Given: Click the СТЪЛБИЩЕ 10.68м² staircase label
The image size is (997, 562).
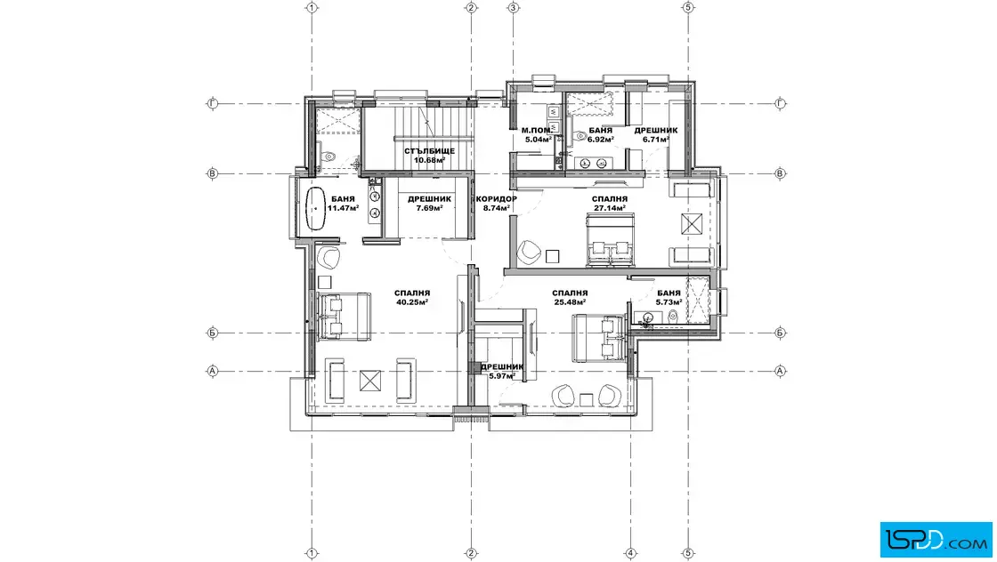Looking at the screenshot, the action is (429, 156).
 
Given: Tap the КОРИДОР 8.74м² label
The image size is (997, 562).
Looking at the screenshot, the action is (497, 204).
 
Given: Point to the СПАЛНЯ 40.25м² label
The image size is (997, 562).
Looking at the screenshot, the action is (412, 297).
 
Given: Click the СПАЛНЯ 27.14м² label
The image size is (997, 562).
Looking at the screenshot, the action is (610, 204).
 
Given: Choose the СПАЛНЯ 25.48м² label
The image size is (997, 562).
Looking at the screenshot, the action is (570, 297).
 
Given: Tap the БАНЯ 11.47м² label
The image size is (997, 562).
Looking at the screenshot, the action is (343, 204).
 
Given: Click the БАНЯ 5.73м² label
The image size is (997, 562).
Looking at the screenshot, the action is (669, 297).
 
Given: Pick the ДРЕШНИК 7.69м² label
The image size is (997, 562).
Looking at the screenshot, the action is (429, 204).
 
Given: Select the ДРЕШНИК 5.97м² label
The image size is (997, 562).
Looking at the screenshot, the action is (502, 371).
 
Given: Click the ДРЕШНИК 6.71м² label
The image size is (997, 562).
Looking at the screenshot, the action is (655, 134).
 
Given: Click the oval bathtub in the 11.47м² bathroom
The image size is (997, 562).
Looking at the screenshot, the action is (316, 208).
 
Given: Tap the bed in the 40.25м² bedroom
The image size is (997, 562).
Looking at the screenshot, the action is (344, 317).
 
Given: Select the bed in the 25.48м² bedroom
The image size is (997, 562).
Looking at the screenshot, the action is (598, 338).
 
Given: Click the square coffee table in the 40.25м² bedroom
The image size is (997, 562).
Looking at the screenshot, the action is (369, 381).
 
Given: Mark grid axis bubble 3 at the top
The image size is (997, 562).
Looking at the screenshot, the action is (513, 8).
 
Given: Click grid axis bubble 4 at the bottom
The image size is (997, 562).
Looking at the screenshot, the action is (631, 553).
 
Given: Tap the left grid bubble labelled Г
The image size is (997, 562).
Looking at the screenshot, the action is (213, 103).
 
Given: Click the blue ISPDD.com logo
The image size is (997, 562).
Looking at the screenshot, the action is (936, 540).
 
